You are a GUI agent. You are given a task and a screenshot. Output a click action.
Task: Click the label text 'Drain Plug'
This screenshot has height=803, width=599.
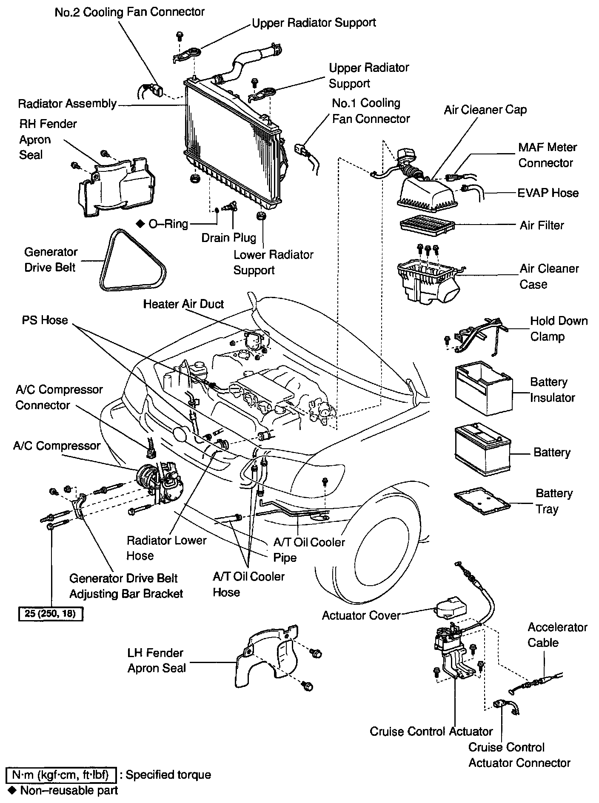point(229,237)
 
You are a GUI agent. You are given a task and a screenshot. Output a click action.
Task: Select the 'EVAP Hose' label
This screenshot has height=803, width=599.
point(548,193)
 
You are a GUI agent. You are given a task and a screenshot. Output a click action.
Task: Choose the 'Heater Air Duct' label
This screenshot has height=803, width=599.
point(183,304)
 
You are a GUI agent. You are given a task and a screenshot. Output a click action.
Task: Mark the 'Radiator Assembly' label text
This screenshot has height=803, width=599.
point(67,104)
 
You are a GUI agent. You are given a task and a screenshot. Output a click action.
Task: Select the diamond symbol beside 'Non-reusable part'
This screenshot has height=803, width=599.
point(11,791)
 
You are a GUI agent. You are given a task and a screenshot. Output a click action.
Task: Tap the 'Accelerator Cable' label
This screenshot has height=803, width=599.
point(557,635)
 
